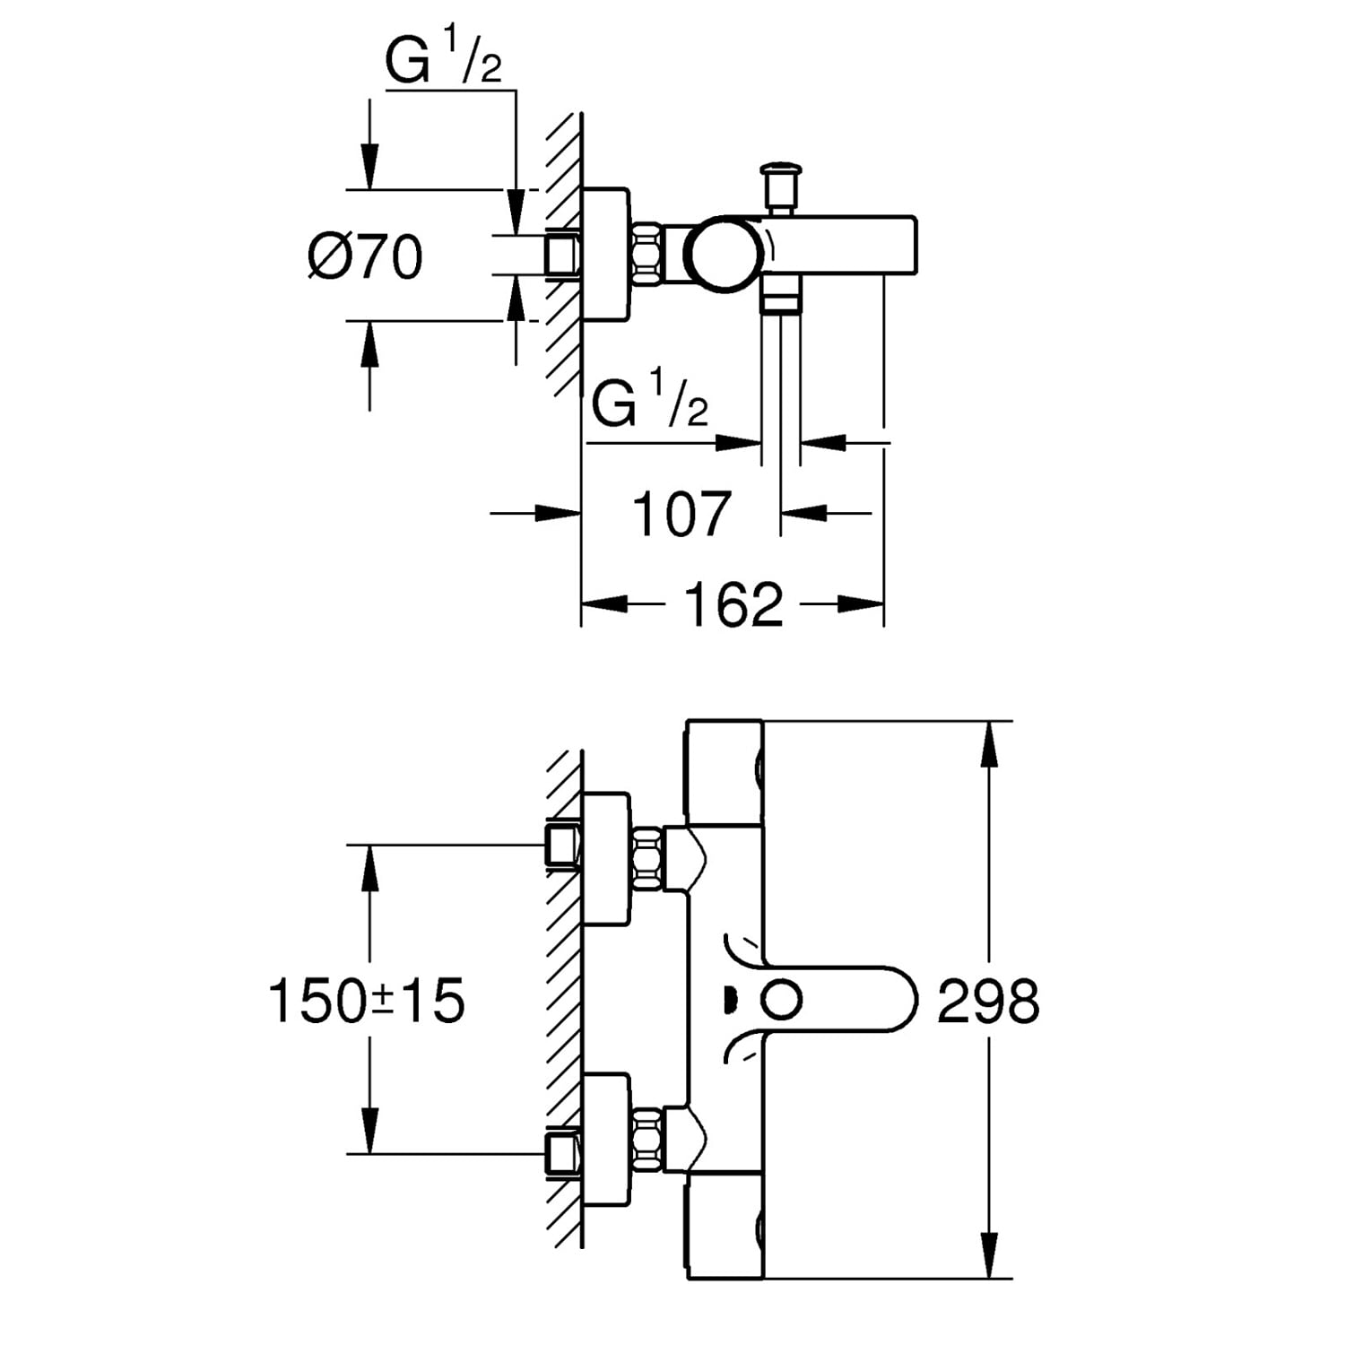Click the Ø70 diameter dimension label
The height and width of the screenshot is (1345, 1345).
pyautogui.click(x=364, y=258)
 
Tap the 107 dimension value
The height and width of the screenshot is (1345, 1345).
pyautogui.click(x=681, y=514)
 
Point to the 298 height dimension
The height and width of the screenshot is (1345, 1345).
pyautogui.click(x=988, y=1002)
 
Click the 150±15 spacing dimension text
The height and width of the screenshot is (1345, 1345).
pyautogui.click(x=367, y=1001)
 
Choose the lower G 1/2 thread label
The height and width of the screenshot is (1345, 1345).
pyautogui.click(x=649, y=403)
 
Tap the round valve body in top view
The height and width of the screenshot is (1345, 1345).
pyautogui.click(x=725, y=254)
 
